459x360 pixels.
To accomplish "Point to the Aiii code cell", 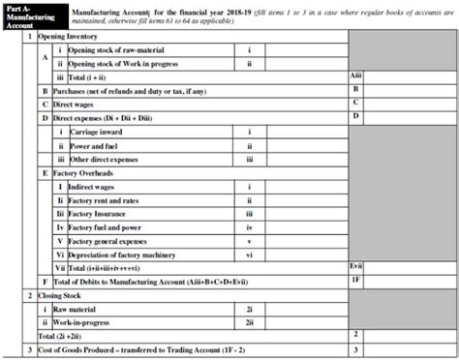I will pos(355,75).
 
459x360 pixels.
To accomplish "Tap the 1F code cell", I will pos(355,281).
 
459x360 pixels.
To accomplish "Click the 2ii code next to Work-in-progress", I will pos(249,321).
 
